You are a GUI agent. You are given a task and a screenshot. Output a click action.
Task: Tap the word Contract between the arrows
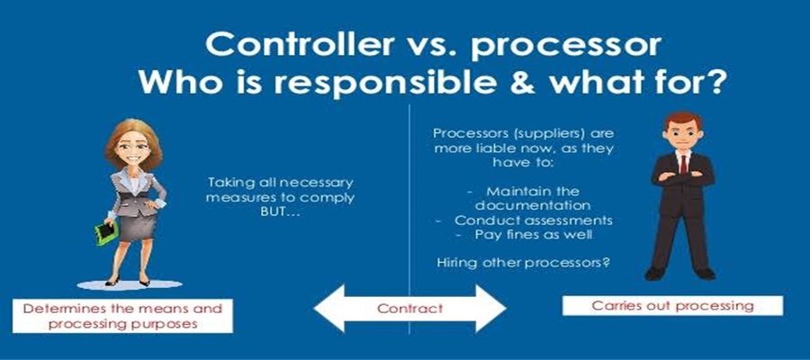pyautogui.click(x=409, y=309)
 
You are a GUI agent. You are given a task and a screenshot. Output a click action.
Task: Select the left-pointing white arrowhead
pyautogui.click(x=329, y=309)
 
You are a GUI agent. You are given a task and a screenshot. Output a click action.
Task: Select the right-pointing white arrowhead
pyautogui.click(x=490, y=309)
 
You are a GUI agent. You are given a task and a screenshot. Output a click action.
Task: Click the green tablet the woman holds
pyautogui.click(x=107, y=233)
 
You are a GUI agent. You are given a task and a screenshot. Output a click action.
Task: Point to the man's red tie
pyautogui.click(x=683, y=163)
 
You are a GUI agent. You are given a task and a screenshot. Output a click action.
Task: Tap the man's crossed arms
pyautogui.click(x=682, y=177)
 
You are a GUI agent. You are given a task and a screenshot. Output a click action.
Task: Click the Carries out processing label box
pyautogui.click(x=672, y=306)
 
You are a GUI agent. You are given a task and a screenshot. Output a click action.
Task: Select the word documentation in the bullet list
pyautogui.click(x=533, y=205)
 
